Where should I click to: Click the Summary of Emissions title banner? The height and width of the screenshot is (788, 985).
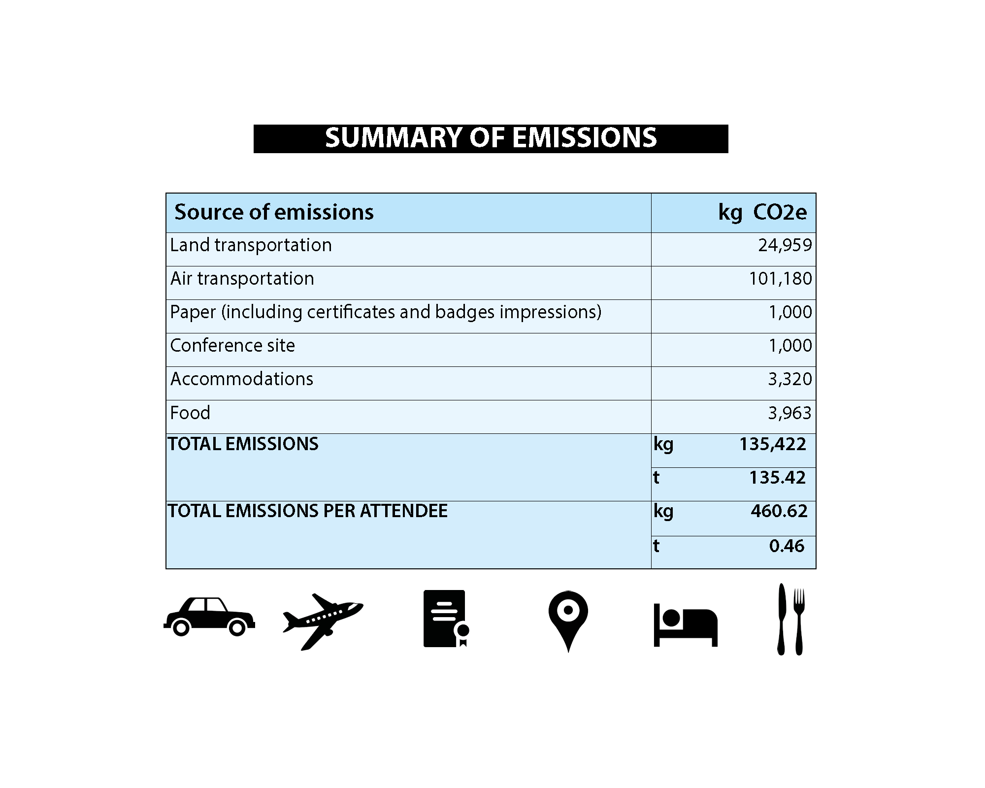click(x=491, y=138)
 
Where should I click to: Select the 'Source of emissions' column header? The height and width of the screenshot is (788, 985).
click(x=274, y=212)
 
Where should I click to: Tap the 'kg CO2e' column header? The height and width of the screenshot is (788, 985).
click(x=762, y=212)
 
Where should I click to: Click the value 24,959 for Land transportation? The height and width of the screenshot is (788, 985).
click(x=785, y=245)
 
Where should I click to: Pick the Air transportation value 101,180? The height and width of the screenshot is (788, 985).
click(x=780, y=279)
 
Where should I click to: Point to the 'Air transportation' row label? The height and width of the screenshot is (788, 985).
click(x=242, y=279)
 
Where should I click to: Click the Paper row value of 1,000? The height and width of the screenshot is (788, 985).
click(x=790, y=312)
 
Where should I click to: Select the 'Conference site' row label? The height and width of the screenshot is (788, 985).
click(x=232, y=346)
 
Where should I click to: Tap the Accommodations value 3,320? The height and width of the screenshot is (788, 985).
click(x=789, y=379)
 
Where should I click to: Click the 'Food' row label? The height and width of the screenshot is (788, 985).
click(x=190, y=413)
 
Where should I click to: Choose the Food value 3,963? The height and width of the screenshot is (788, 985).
click(x=789, y=413)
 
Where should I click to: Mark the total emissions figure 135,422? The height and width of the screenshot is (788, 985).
click(x=772, y=444)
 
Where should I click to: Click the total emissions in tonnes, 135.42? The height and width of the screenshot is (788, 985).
click(x=777, y=478)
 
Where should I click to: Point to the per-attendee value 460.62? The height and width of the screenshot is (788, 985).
click(x=779, y=511)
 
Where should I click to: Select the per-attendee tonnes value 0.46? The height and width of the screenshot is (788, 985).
click(x=787, y=546)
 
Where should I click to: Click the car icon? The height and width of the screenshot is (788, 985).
click(x=209, y=617)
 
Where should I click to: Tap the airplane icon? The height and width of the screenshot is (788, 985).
click(x=322, y=621)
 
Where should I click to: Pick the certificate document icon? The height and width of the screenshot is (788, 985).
click(x=445, y=619)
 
